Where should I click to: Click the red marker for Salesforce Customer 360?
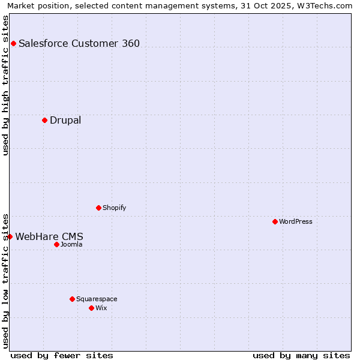(x=13, y=43)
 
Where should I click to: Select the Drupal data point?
(x=44, y=120)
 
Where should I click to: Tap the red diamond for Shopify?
(x=98, y=208)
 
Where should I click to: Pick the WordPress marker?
(x=275, y=221)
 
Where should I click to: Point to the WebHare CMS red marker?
(x=10, y=236)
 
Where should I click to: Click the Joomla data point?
(x=56, y=244)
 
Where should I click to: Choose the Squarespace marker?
(x=72, y=299)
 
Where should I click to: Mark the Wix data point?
(x=91, y=308)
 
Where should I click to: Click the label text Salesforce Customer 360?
(x=79, y=43)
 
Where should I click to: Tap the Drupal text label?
(x=65, y=120)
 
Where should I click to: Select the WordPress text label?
(x=296, y=221)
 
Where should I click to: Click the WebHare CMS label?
(x=49, y=236)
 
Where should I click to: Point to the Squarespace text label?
(x=97, y=299)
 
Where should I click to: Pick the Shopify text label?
(x=114, y=208)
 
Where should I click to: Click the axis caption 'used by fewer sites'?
(x=62, y=355)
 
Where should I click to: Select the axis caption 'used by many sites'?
(x=301, y=355)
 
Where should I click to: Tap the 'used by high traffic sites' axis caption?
(x=6, y=85)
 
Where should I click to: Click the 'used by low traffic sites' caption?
(x=6, y=280)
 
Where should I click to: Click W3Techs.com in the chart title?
(x=324, y=5)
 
